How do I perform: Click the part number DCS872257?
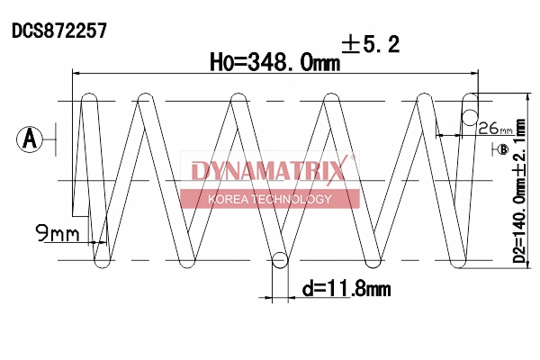[x=59, y=30]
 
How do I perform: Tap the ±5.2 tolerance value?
[x=371, y=44]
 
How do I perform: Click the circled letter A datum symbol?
[x=30, y=139]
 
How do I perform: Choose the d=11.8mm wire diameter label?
[x=346, y=290]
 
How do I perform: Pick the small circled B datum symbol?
[x=502, y=148]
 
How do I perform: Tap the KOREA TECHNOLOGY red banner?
[x=270, y=199]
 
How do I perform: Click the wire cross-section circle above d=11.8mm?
[x=280, y=260]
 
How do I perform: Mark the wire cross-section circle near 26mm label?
[x=469, y=114]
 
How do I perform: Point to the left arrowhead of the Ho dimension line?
[x=76, y=73]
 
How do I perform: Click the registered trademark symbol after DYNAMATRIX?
[x=353, y=158]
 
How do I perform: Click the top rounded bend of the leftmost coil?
[x=90, y=95]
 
